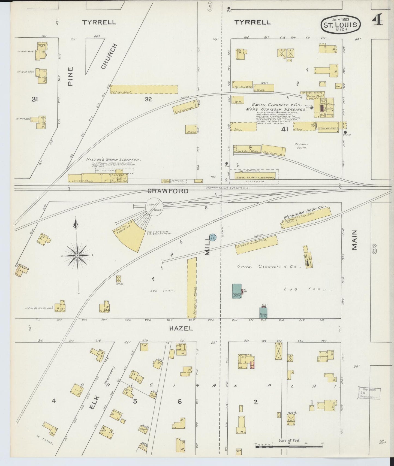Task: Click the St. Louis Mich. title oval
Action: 340,24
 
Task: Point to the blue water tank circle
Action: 213,238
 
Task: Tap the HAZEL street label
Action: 181,328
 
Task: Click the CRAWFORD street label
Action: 168,191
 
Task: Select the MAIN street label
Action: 354,240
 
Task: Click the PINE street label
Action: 70,77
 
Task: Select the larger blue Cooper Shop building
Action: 236,291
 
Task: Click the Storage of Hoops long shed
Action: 192,288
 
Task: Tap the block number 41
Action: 285,129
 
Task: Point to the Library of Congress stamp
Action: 369,393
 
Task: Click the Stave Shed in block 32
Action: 144,90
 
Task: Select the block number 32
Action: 148,99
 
